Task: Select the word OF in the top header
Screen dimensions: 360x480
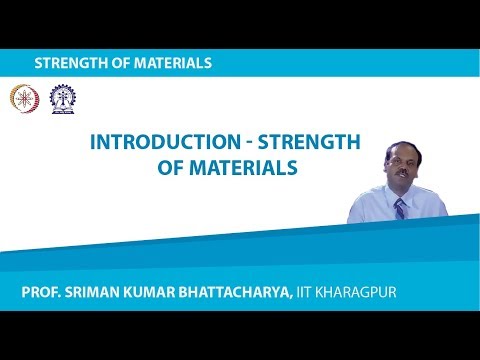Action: click(x=117, y=62)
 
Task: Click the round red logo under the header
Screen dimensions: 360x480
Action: click(x=20, y=98)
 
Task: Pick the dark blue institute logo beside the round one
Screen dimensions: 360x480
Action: click(x=49, y=98)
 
